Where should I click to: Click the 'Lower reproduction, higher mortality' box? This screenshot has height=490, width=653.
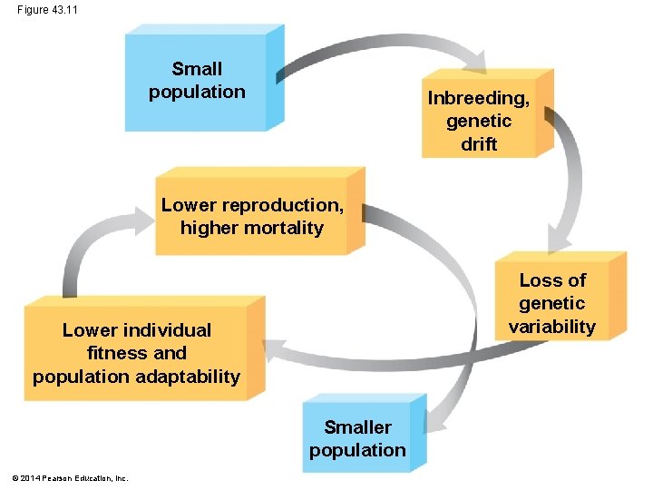[x=252, y=216]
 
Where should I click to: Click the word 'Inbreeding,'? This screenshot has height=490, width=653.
[x=479, y=97]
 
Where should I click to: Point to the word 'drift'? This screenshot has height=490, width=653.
[x=479, y=144]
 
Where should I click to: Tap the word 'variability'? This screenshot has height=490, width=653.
[x=552, y=327]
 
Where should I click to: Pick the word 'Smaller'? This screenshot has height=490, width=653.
[x=357, y=426]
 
